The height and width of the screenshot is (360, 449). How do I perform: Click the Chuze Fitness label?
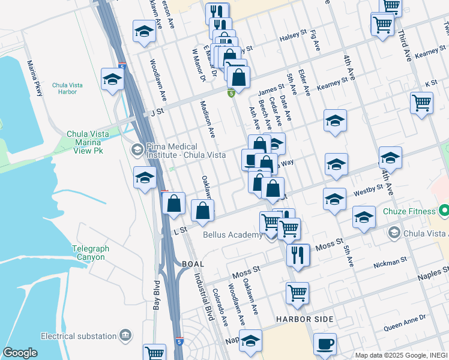click(411, 211)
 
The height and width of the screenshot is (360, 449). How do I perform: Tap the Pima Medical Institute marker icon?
click(137, 149)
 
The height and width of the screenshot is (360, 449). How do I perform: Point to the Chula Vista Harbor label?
click(73, 89)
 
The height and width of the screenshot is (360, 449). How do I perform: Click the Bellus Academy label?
click(232, 235)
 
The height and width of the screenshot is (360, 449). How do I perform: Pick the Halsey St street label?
click(293, 39)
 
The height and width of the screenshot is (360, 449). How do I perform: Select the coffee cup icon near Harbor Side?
click(325, 344)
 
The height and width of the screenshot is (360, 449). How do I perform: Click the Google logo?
click(20, 353)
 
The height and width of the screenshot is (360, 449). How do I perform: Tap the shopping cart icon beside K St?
click(422, 103)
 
